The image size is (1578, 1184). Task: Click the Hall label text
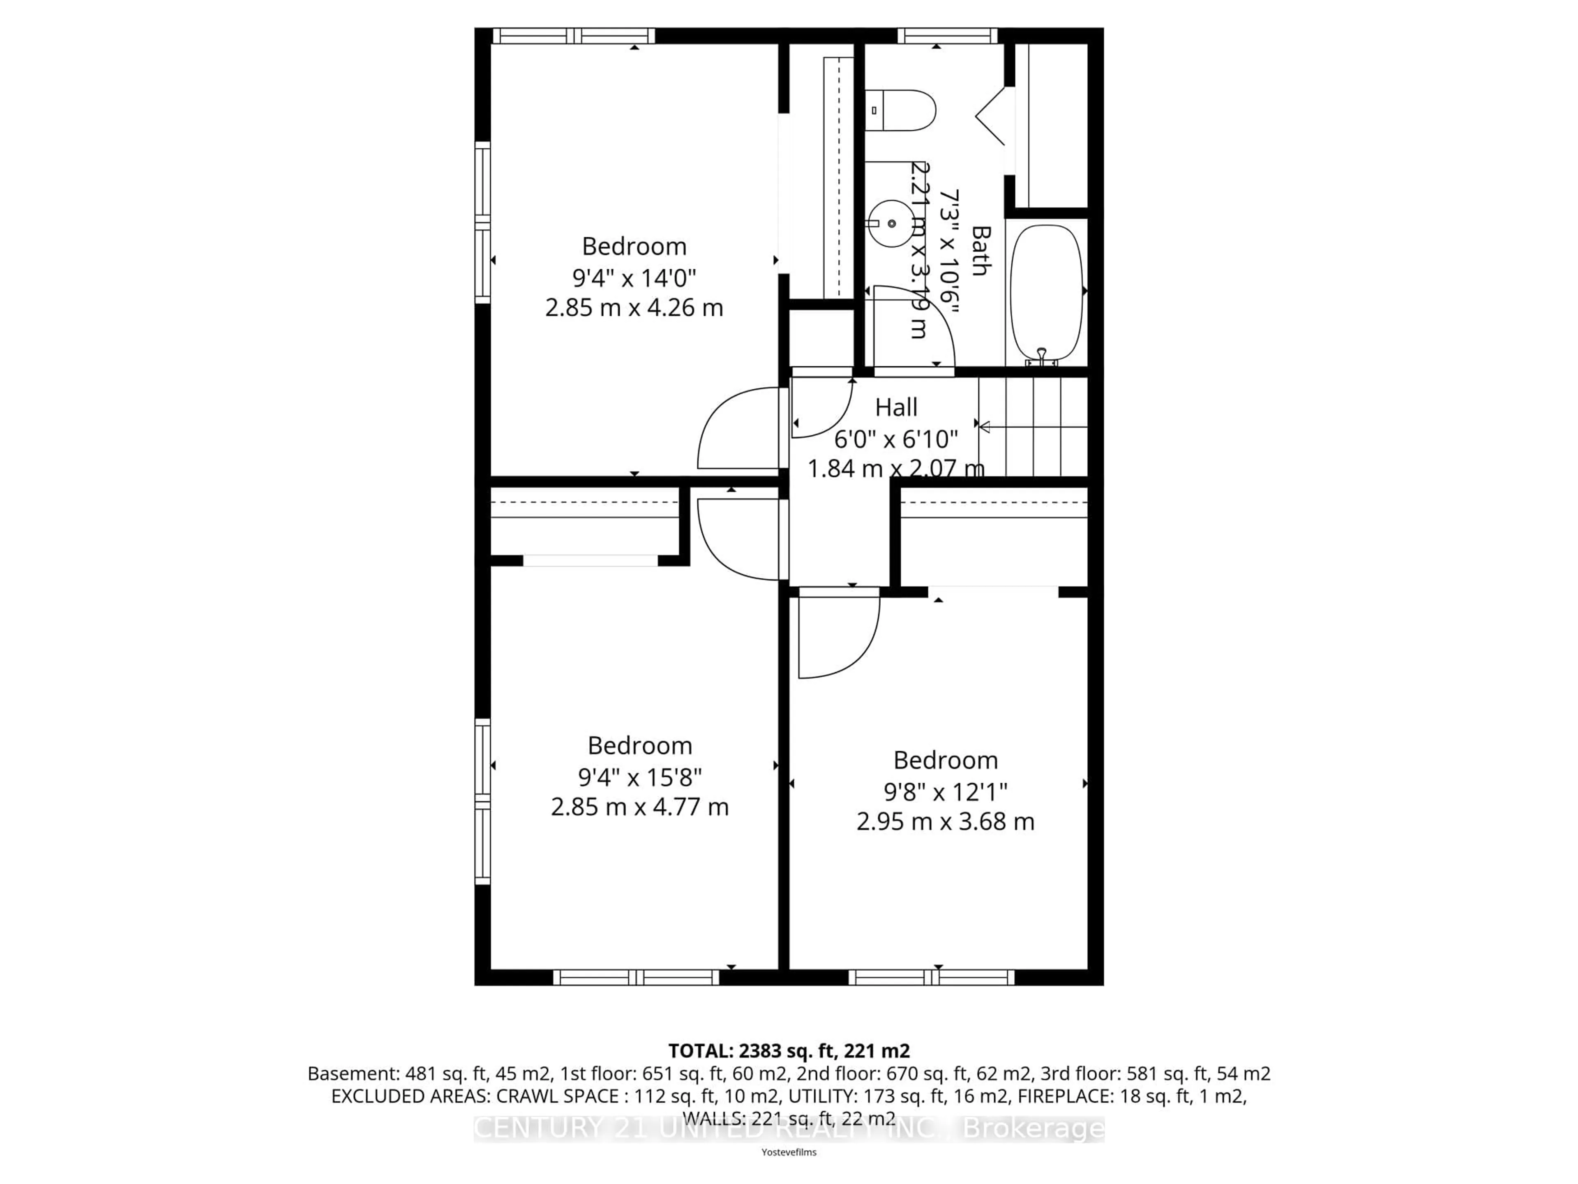click(896, 407)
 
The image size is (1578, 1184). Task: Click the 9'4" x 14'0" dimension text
click(634, 277)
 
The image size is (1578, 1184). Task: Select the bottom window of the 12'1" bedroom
click(931, 978)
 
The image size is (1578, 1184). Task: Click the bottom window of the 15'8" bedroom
click(636, 978)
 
